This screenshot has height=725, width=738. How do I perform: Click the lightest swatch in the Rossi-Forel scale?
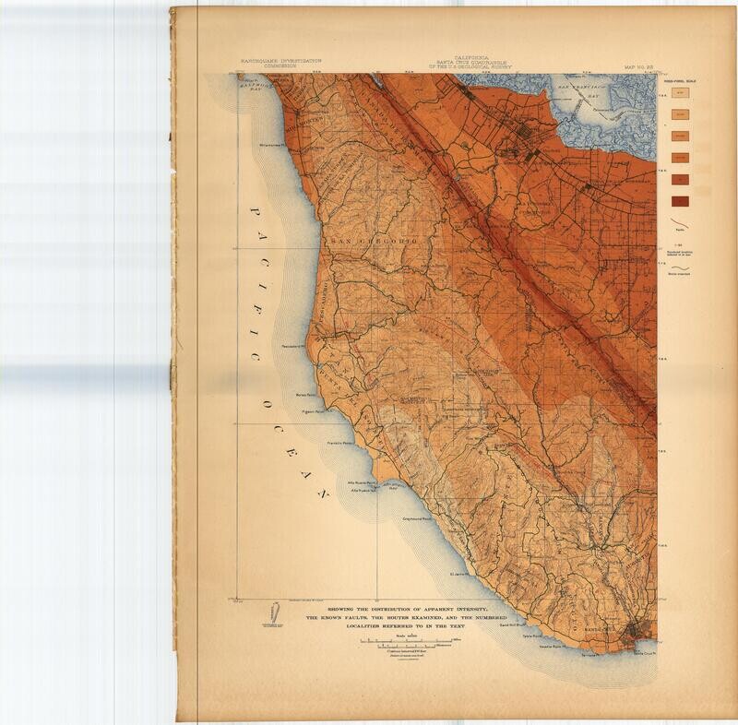682,94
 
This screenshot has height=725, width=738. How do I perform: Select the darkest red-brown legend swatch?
682,199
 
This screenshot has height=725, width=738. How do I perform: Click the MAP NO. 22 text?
639,67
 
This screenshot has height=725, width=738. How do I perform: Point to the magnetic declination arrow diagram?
274,614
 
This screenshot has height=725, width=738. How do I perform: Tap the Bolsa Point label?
305,395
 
